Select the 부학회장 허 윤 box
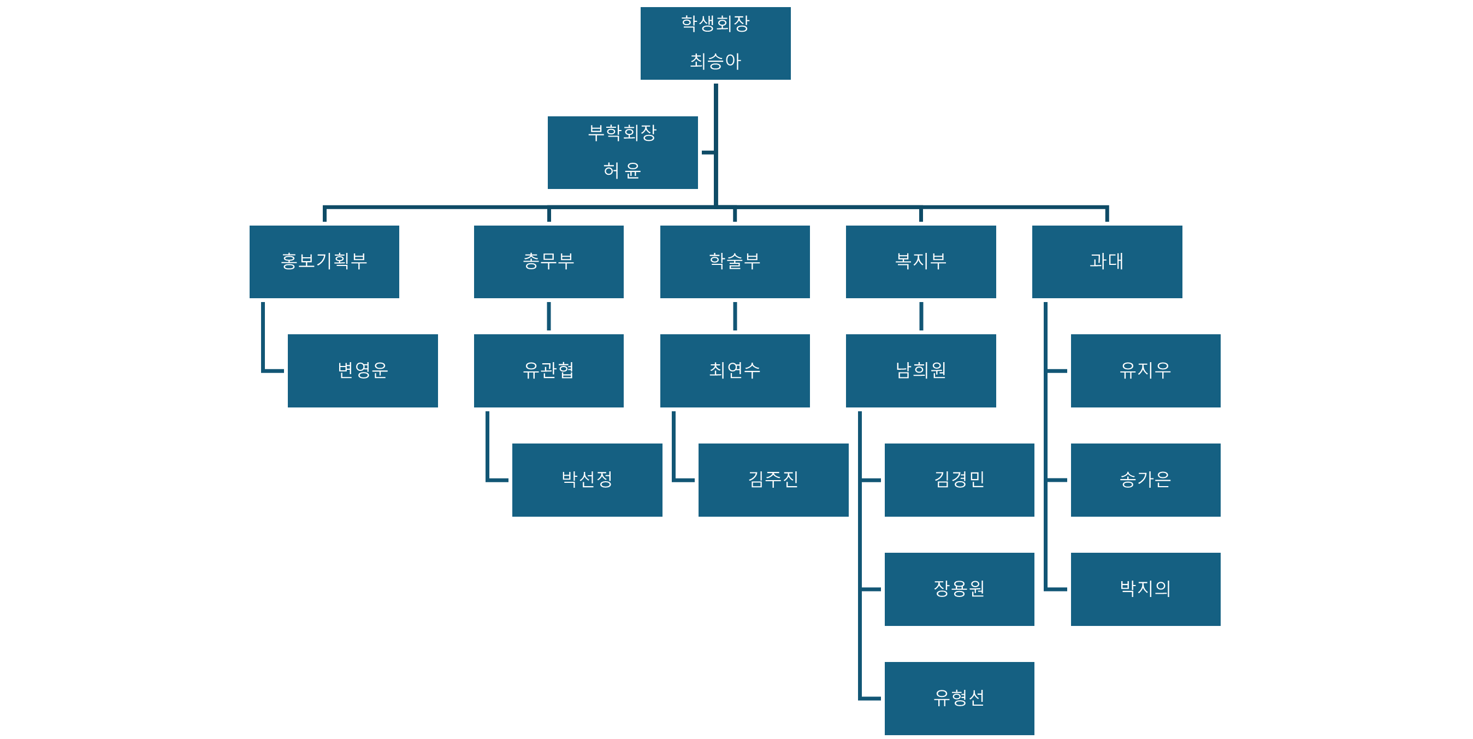click(x=622, y=152)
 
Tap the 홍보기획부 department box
click(x=324, y=262)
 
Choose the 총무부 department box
click(x=548, y=262)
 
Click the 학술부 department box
click(x=735, y=262)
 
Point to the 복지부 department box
click(x=921, y=262)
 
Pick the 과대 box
click(x=1107, y=262)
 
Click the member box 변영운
click(x=363, y=371)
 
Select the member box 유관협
click(x=548, y=371)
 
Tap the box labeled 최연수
click(x=735, y=371)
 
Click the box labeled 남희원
click(x=921, y=371)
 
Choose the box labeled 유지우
click(x=1145, y=371)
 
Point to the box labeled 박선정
click(x=587, y=480)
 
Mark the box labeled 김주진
click(x=773, y=480)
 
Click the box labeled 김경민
click(x=960, y=480)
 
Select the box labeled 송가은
click(x=1145, y=480)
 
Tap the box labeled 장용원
click(x=960, y=589)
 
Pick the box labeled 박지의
click(x=1145, y=589)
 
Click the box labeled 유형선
click(x=960, y=698)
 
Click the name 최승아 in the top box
click(x=715, y=61)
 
